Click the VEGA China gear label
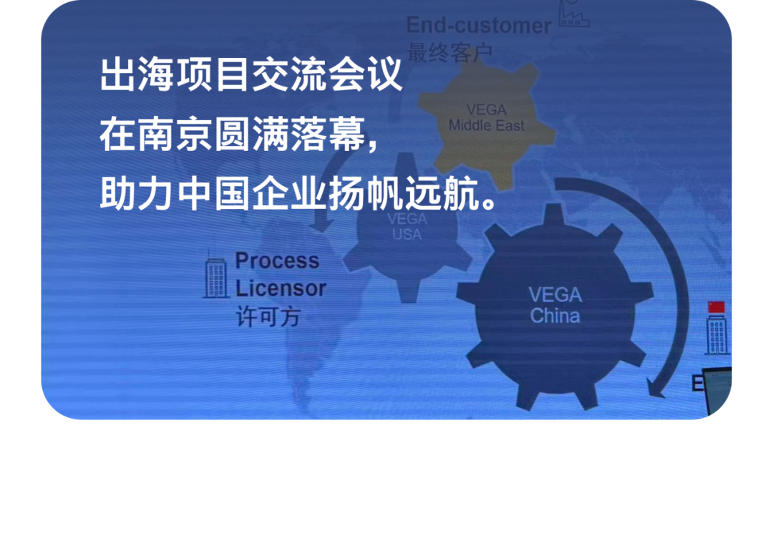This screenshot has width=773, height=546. coord(555,305)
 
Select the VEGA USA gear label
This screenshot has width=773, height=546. coord(407,226)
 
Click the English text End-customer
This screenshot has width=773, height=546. coord(478,26)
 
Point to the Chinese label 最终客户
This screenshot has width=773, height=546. coord(450,52)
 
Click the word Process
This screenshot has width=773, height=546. coord(277,260)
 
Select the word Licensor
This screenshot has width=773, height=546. coord(281,288)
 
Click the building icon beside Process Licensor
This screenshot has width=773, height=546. coord(215,276)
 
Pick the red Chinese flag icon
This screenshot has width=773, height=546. coord(716,307)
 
